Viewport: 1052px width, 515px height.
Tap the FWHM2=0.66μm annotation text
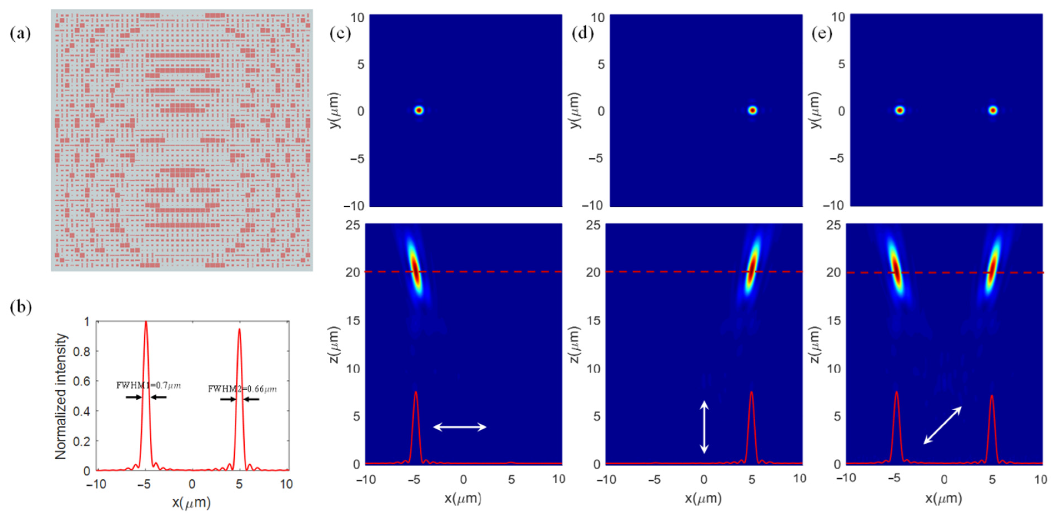click(x=242, y=389)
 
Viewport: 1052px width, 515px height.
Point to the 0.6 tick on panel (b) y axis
click(x=81, y=381)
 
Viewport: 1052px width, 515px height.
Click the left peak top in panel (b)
click(x=146, y=323)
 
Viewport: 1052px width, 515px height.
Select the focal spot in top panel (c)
click(x=419, y=110)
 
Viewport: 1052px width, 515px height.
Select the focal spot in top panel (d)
click(x=752, y=110)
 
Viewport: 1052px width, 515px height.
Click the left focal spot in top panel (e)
click(x=899, y=110)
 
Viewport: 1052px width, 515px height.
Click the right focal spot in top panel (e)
click(x=993, y=110)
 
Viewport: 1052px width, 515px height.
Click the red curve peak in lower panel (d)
click(x=752, y=393)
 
